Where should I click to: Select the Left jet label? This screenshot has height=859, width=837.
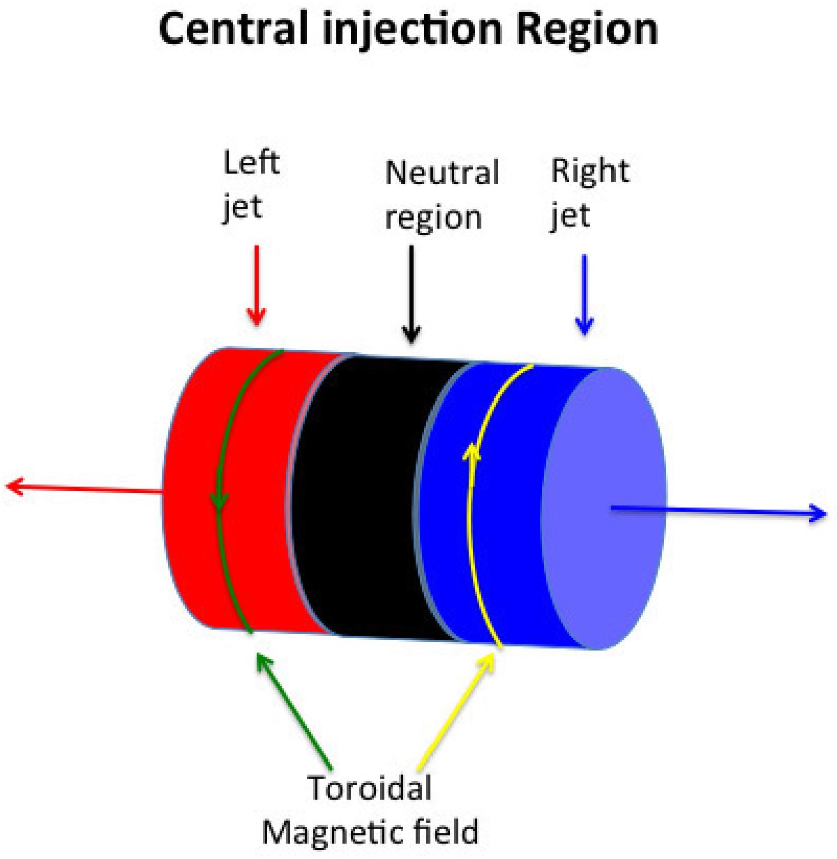pyautogui.click(x=250, y=184)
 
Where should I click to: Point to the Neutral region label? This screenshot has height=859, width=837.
pyautogui.click(x=442, y=195)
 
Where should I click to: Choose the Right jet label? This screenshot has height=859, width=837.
pyautogui.click(x=589, y=191)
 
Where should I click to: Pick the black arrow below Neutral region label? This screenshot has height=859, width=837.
pyautogui.click(x=412, y=293)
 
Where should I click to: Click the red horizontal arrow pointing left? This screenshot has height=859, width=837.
pyautogui.click(x=84, y=487)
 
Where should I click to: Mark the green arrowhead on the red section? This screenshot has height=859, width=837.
pyautogui.click(x=220, y=499)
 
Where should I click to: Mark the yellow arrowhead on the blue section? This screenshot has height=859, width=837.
pyautogui.click(x=473, y=453)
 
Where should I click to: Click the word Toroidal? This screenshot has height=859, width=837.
pyautogui.click(x=370, y=789)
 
